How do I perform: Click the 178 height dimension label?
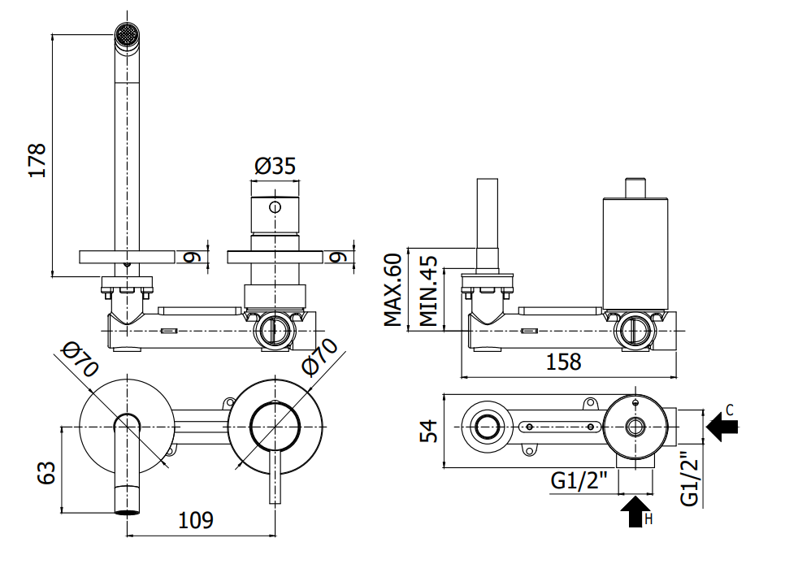tap(37, 160)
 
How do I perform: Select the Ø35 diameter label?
tap(275, 166)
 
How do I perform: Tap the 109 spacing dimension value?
tap(196, 520)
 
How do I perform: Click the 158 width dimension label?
tap(563, 361)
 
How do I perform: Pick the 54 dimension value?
tap(428, 432)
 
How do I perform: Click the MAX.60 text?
tap(393, 290)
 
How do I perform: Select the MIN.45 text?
tap(428, 291)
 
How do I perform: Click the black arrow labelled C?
tap(722, 427)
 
